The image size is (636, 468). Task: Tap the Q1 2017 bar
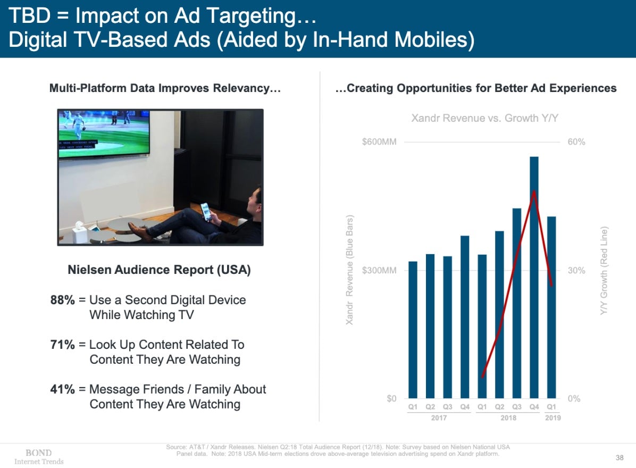[x=413, y=330]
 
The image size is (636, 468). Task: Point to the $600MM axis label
[x=379, y=142]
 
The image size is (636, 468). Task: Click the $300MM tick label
[x=379, y=271]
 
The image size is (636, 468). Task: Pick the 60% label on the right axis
[x=576, y=142]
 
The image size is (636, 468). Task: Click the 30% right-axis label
[x=576, y=271]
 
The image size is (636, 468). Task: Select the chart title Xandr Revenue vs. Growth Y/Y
[x=484, y=118]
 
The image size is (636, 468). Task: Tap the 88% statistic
[x=62, y=300]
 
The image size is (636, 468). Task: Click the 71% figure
[x=62, y=345]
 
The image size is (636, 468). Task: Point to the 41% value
[x=62, y=389]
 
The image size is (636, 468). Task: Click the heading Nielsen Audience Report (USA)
[x=159, y=270]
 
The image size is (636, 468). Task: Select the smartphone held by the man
[x=205, y=211]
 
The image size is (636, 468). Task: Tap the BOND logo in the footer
[x=39, y=453]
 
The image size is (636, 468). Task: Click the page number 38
[x=620, y=457]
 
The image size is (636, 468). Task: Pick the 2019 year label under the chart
[x=552, y=418]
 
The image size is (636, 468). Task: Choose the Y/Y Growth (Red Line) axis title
[x=604, y=271]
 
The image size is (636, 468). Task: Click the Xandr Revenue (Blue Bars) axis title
[x=350, y=271]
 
